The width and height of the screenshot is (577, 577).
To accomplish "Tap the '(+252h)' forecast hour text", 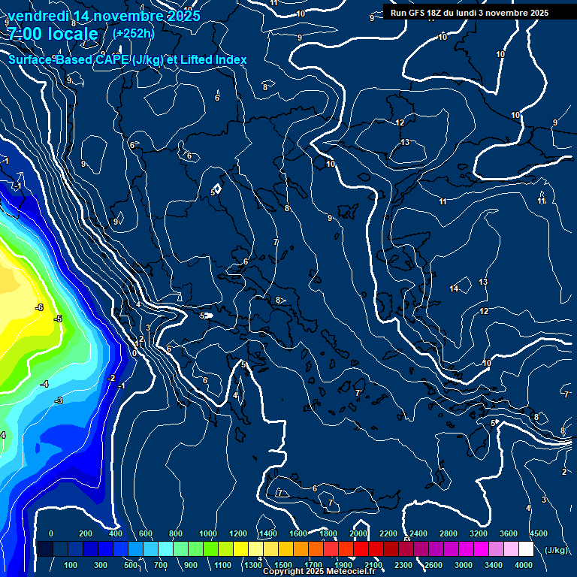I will click(x=133, y=33).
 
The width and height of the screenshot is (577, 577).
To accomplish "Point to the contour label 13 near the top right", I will click(x=405, y=142).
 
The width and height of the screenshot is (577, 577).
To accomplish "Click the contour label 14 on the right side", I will click(x=454, y=289).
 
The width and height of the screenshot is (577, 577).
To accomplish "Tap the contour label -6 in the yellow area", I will click(x=39, y=307).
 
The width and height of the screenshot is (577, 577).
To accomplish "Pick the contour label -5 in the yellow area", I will click(x=57, y=319).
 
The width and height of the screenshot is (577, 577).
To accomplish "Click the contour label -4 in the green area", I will click(x=44, y=384).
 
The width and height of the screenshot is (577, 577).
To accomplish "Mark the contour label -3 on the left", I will click(x=59, y=400).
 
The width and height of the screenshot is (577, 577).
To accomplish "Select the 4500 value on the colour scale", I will click(x=538, y=533).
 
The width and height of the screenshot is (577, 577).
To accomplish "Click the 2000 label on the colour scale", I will click(x=358, y=533).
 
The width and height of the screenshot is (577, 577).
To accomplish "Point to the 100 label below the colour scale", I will click(x=71, y=565).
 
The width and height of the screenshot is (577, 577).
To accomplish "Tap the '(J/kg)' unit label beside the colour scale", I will click(x=555, y=551).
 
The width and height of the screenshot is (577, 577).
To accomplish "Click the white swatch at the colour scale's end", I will click(x=526, y=549).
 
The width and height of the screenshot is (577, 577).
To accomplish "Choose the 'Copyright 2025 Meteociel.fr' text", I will click(x=319, y=572).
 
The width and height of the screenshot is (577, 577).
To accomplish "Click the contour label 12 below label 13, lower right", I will click(x=484, y=311).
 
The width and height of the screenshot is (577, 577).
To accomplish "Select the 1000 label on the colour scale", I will click(x=207, y=533).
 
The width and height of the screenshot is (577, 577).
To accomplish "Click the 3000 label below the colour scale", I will click(x=463, y=565).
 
